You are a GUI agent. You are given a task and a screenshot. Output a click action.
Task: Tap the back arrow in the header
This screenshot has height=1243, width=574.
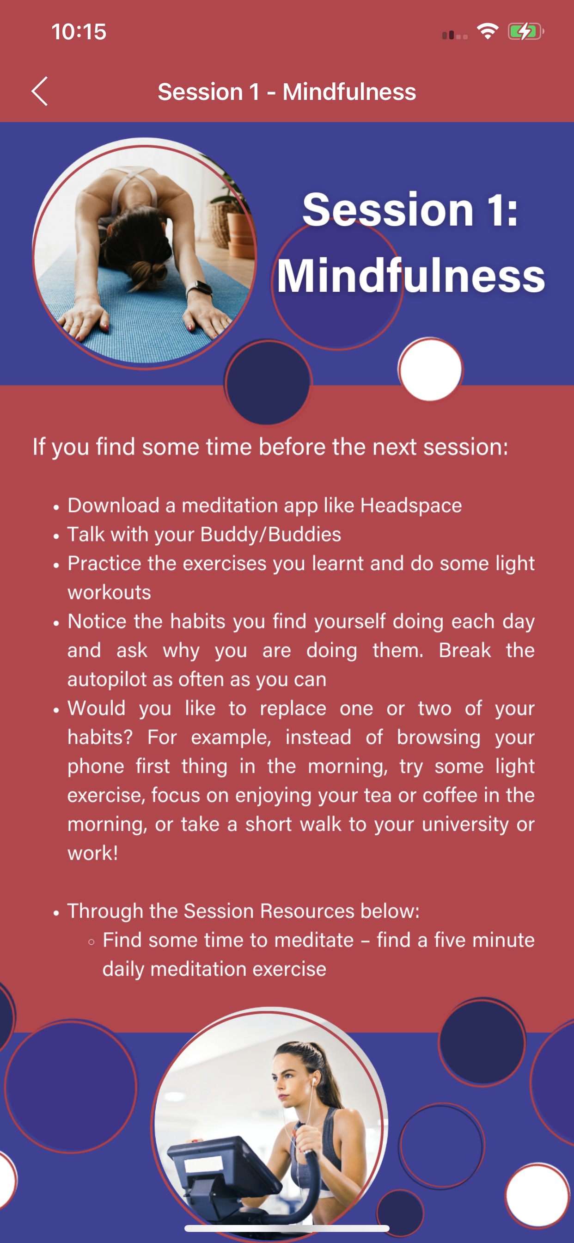[40, 91]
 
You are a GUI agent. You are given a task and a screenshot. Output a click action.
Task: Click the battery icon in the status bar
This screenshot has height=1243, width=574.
[526, 32]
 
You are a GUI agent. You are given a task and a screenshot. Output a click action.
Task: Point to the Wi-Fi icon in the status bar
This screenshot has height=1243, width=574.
[487, 31]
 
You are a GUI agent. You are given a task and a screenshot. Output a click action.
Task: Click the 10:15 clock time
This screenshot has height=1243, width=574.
[79, 32]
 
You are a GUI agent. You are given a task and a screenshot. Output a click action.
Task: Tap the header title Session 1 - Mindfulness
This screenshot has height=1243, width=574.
[287, 92]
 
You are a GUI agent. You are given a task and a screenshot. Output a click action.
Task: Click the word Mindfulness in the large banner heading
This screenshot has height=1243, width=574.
[410, 276]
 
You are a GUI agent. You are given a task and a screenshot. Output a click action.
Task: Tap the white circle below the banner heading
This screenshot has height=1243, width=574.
[430, 369]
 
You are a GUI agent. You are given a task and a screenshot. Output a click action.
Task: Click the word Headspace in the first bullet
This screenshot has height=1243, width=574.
[411, 506]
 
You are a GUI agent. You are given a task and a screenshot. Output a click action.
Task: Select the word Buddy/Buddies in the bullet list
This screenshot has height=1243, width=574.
[271, 535]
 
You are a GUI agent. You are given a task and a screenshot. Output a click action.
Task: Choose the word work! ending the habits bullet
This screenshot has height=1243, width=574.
[92, 853]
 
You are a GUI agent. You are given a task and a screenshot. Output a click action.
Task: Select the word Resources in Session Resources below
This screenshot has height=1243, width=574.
[308, 911]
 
